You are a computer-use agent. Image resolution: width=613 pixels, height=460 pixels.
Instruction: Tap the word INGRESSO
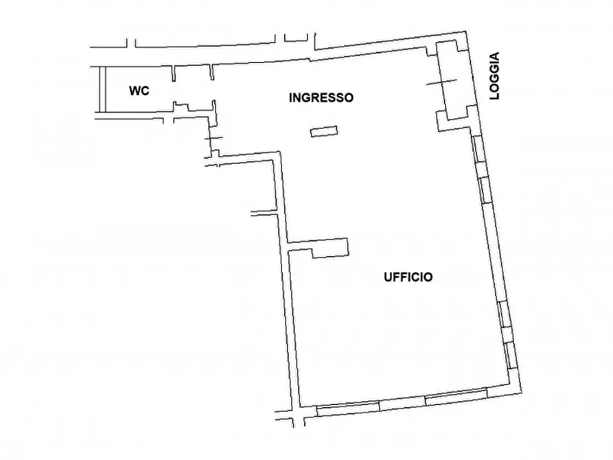tap(321, 97)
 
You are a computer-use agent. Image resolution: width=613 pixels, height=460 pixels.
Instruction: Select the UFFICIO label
tap(407, 277)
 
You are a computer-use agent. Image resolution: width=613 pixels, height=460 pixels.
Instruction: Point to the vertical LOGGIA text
tap(495, 76)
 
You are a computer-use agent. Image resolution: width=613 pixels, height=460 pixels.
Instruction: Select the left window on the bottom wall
tap(347, 409)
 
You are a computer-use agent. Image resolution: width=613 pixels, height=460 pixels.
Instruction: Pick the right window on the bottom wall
tap(456, 396)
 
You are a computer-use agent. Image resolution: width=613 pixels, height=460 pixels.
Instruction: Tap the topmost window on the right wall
tap(478, 148)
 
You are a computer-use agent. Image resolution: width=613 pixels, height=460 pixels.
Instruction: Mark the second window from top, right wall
tap(485, 189)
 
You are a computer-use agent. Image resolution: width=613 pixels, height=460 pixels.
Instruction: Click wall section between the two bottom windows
tap(402, 402)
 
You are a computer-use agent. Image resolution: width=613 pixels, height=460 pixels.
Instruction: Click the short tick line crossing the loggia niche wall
tap(441, 83)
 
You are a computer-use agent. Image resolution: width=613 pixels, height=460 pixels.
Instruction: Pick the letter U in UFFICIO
tap(386, 277)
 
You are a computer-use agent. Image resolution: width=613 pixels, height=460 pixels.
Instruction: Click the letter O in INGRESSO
tap(349, 97)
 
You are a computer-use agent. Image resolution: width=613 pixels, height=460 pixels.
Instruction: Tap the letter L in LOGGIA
tap(495, 97)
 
